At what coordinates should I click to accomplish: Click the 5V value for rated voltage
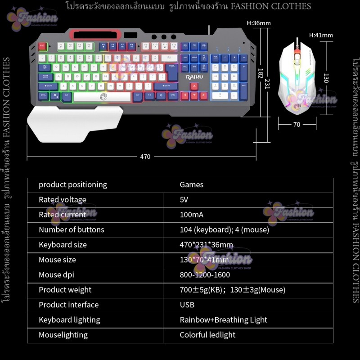pyautogui.click(x=184, y=199)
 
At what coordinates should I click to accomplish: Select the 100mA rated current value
pyautogui.click(x=191, y=215)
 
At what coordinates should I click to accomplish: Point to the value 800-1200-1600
pyautogui.click(x=205, y=274)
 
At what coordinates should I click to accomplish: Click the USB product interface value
pyautogui.click(x=187, y=305)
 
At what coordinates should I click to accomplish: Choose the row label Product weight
pyautogui.click(x=65, y=290)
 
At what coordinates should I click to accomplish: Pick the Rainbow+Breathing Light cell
pyautogui.click(x=223, y=320)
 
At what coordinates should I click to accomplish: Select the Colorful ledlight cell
pyautogui.click(x=207, y=335)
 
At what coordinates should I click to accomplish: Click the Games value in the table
pyautogui.click(x=191, y=184)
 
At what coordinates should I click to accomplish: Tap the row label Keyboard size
pyautogui.click(x=63, y=245)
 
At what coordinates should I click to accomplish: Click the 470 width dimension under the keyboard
pyautogui.click(x=145, y=157)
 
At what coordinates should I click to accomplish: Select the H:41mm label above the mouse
pyautogui.click(x=321, y=35)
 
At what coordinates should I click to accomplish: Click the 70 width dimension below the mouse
pyautogui.click(x=297, y=125)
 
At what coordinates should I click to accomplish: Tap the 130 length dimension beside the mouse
pyautogui.click(x=326, y=78)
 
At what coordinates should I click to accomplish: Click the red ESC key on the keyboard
pyautogui.click(x=42, y=46)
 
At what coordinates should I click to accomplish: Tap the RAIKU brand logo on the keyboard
pyautogui.click(x=194, y=77)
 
